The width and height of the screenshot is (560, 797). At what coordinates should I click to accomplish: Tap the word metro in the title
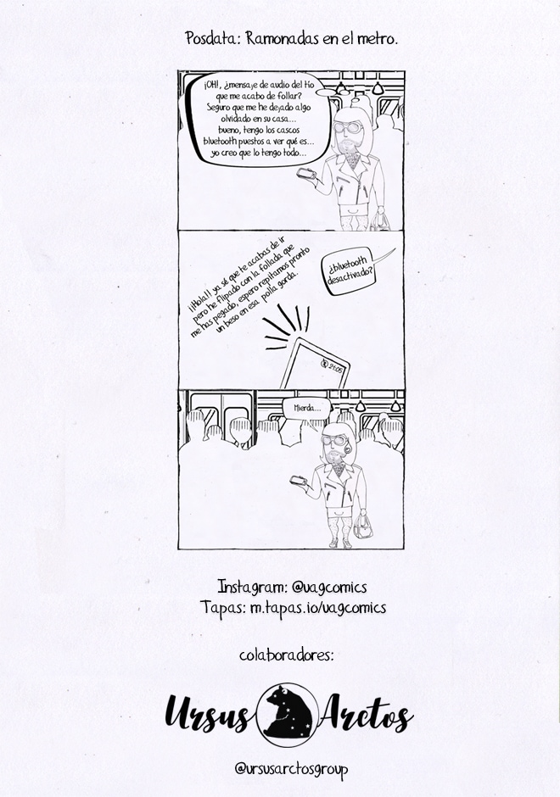[378, 39]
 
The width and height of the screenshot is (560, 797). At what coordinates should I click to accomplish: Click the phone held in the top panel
[306, 173]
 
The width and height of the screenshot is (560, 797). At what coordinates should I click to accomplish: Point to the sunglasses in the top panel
[348, 127]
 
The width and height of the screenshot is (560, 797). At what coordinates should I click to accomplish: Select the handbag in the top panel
[380, 221]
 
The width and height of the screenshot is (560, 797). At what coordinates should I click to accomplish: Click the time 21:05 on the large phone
[336, 366]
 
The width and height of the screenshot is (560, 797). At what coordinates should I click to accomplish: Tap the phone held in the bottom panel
[299, 480]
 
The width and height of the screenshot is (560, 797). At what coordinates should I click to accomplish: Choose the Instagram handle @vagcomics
[329, 587]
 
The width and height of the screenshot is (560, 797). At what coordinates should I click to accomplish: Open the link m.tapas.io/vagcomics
[318, 608]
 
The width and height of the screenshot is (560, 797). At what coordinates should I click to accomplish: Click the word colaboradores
[286, 655]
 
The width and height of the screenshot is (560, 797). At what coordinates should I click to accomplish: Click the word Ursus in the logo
[208, 714]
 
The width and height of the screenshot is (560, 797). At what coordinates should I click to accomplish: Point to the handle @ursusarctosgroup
[291, 769]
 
